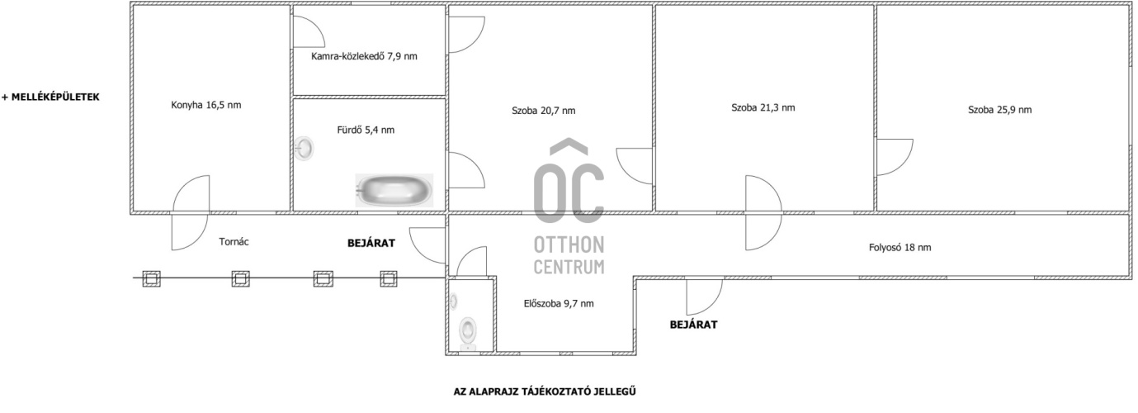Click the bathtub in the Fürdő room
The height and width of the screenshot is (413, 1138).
[394, 190]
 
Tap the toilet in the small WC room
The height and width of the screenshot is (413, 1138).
[468, 334]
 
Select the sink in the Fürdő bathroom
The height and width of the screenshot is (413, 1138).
[305, 149]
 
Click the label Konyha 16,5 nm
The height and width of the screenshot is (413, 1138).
[206, 105]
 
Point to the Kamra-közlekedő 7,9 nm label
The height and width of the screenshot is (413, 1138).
[364, 56]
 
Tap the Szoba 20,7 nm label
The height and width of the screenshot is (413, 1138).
[544, 111]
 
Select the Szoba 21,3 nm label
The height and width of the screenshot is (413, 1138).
[763, 107]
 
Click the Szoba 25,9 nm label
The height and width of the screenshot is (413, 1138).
[1000, 109]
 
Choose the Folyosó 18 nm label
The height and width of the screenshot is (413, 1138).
[900, 248]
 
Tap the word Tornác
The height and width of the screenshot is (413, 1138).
[234, 242]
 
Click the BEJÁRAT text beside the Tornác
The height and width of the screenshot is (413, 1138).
[371, 243]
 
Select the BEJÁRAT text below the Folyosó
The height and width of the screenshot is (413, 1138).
[693, 325]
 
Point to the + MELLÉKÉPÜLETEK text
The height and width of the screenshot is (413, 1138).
[51, 97]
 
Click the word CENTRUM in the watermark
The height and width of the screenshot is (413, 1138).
[569, 267]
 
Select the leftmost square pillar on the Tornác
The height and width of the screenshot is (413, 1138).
[151, 278]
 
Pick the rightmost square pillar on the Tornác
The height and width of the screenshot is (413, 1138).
[389, 278]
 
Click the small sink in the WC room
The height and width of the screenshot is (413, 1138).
[454, 302]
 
